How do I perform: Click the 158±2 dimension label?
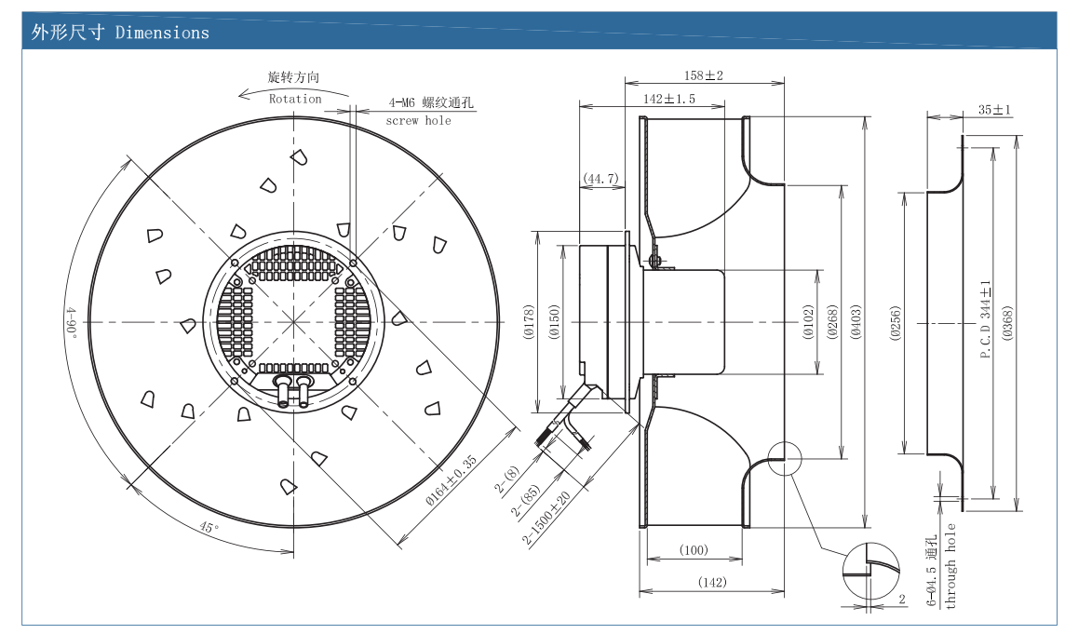(703, 75)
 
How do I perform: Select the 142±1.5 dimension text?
(669, 100)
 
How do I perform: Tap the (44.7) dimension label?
(601, 179)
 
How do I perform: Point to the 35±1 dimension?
(994, 110)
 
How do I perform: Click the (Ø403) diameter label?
(856, 321)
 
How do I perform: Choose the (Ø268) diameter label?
(832, 321)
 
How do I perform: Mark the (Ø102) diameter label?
(808, 321)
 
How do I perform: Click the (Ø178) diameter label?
(530, 322)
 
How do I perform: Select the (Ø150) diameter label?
(554, 322)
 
